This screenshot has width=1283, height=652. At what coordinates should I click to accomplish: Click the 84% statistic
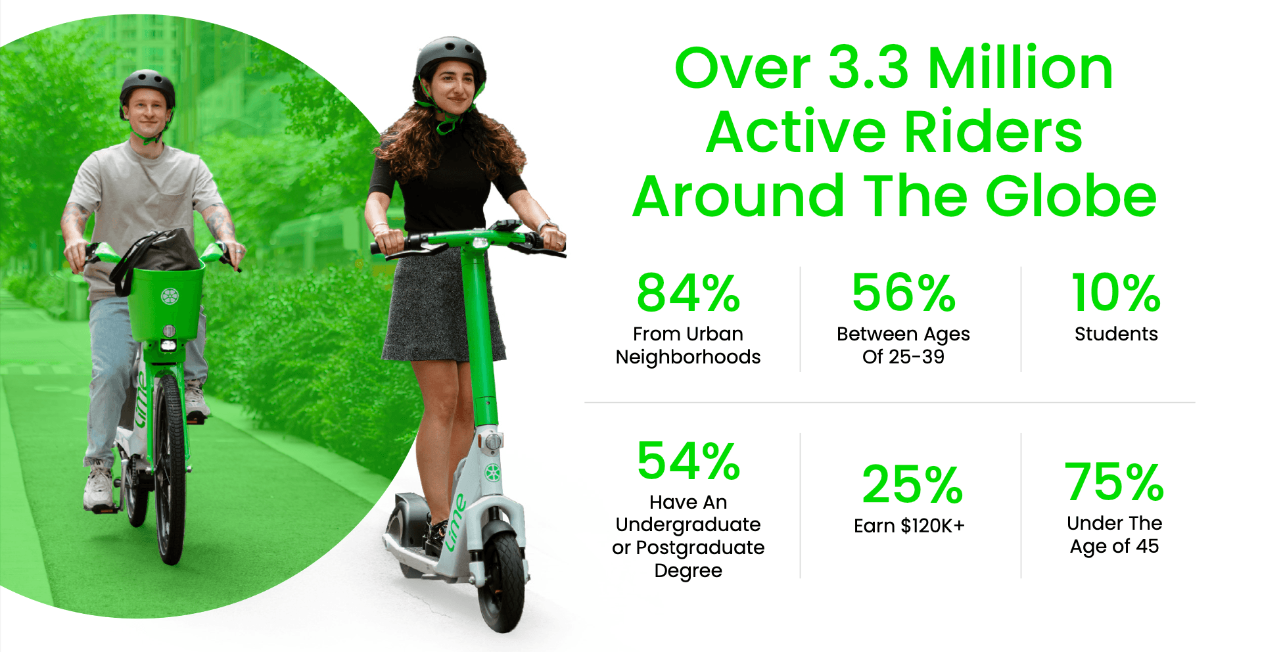click(x=688, y=293)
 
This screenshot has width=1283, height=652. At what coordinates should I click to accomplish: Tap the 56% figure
click(x=904, y=293)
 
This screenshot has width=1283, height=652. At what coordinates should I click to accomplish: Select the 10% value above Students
click(x=1116, y=293)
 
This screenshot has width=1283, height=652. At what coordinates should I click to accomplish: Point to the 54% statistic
click(x=688, y=461)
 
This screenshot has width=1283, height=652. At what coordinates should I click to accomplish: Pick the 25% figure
click(x=912, y=484)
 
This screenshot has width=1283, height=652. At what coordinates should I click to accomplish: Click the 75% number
click(x=1115, y=482)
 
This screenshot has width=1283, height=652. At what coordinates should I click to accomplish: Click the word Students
click(x=1116, y=334)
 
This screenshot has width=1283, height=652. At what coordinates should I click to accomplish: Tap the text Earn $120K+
click(x=909, y=526)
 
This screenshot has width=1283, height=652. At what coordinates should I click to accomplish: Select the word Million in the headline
click(x=1020, y=68)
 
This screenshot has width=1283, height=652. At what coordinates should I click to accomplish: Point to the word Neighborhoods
click(x=688, y=357)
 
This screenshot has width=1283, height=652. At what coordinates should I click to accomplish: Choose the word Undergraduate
click(x=688, y=525)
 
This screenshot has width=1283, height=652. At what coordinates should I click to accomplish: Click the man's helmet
click(x=147, y=89)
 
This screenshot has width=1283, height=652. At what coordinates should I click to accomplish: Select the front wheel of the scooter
click(x=502, y=580)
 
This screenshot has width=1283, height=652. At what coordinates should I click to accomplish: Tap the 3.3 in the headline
click(x=868, y=68)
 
